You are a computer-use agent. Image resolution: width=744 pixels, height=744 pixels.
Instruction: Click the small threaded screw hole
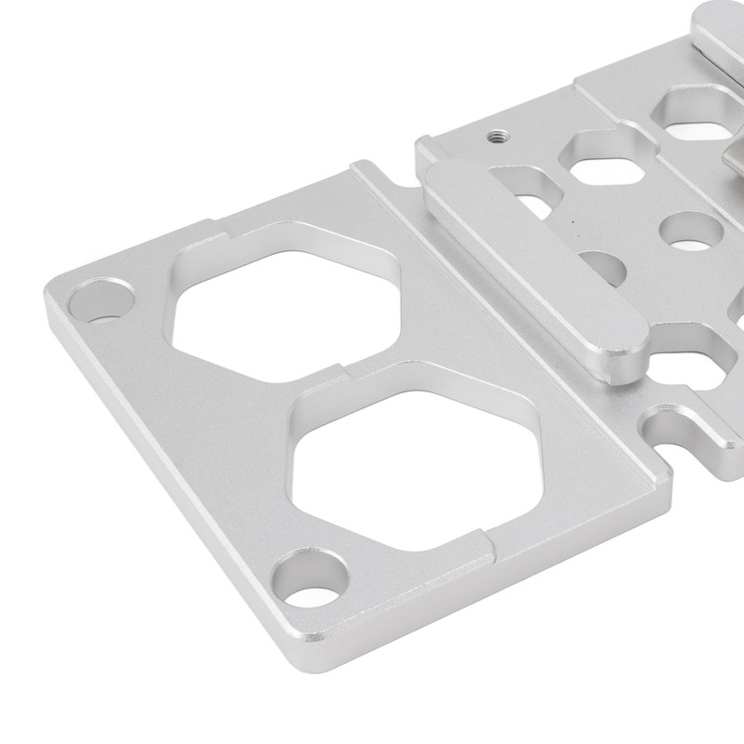pyautogui.click(x=493, y=136)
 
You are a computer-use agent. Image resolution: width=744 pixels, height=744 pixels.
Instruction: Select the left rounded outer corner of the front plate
pyautogui.click(x=54, y=294)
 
